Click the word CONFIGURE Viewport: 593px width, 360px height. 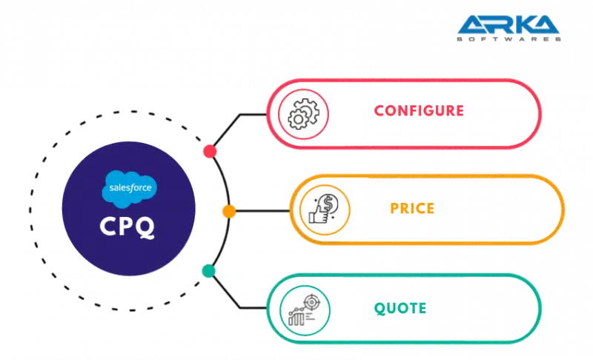(x=419, y=111)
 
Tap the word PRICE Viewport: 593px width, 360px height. (x=411, y=208)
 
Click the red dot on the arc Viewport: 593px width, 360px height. (x=210, y=152)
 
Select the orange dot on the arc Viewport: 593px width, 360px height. (x=229, y=212)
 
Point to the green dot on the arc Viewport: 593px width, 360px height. (x=209, y=271)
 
